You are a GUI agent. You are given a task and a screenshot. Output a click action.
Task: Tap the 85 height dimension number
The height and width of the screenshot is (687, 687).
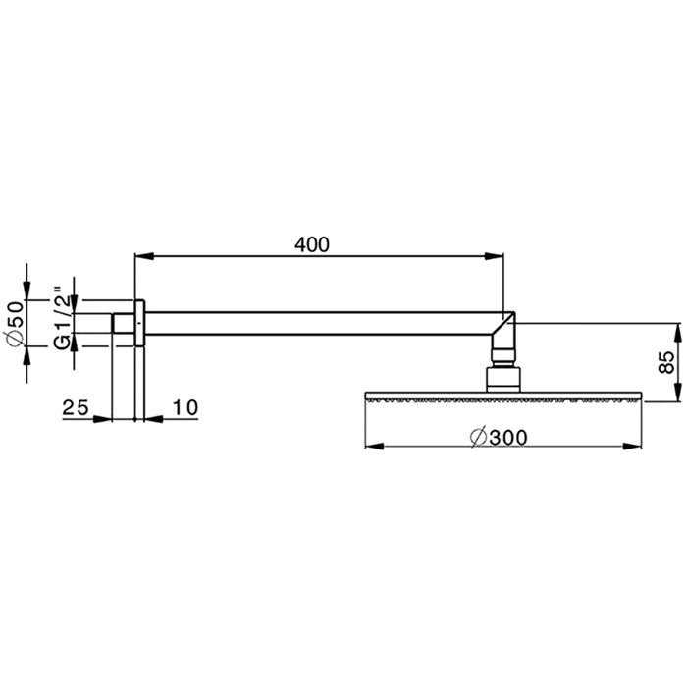[x=665, y=361]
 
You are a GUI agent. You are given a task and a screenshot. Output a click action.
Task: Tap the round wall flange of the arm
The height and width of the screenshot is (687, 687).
[x=139, y=323]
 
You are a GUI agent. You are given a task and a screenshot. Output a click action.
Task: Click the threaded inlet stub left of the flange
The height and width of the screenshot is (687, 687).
[x=123, y=323]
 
